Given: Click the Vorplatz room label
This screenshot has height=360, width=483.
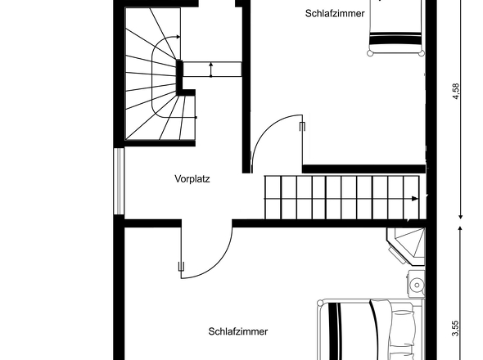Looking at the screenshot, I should point(192,178).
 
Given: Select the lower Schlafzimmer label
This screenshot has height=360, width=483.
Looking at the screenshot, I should point(238,331).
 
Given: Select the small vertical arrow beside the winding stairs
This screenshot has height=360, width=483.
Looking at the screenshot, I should point(211,70).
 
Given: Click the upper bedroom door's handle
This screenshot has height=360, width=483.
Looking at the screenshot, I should point(303,127).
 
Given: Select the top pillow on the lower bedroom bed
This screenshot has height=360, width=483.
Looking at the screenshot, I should point(404,321).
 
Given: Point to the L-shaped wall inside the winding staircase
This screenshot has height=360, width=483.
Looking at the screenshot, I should point(180,78).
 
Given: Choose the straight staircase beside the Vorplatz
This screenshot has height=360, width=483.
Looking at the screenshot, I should point(342,196).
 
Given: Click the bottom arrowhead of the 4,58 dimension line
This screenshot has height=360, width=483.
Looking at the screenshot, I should point(459,216).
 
